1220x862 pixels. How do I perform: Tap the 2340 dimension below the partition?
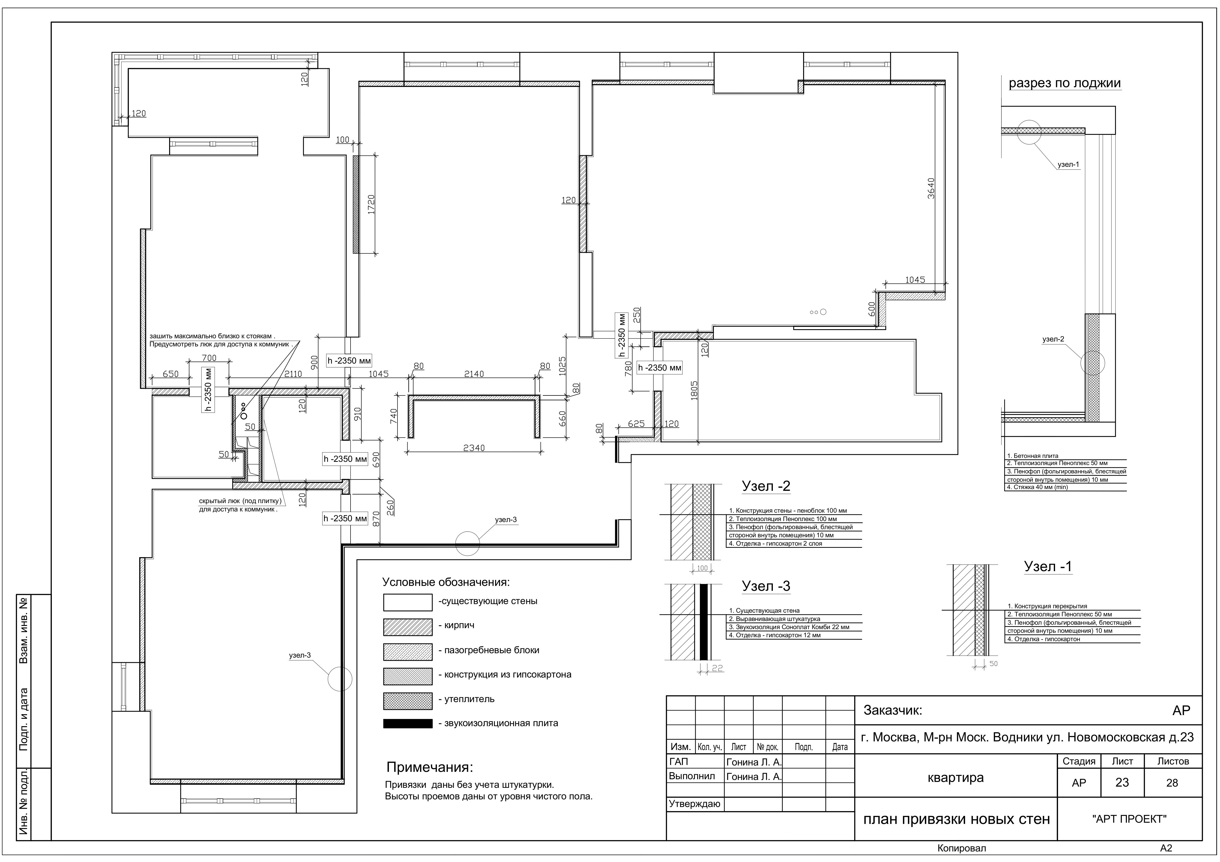point(474,448)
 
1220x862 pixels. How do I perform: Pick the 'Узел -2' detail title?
point(766,486)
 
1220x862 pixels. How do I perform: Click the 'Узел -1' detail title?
point(1048,567)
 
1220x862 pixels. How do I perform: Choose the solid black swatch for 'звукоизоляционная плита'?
point(408,723)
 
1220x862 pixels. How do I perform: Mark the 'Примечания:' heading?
point(429,767)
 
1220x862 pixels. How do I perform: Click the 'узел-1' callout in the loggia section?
point(1068,165)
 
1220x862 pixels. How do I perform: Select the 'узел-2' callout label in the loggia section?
point(1053,339)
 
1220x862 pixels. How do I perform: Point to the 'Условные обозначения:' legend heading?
point(446,582)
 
